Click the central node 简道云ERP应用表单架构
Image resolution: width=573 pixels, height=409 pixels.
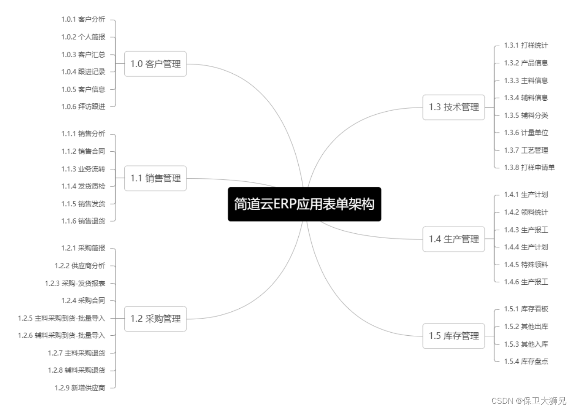pyautogui.click(x=304, y=204)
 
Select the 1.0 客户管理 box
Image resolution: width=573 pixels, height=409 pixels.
pyautogui.click(x=155, y=64)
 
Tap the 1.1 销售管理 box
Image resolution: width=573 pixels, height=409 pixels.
pyautogui.click(x=155, y=178)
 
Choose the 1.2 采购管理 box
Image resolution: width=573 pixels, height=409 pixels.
pyautogui.click(x=155, y=319)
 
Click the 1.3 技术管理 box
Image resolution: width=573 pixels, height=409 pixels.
pyautogui.click(x=454, y=107)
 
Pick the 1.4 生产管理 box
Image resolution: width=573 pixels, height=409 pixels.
pyautogui.click(x=454, y=239)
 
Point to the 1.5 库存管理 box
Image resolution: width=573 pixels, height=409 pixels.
pyautogui.click(x=454, y=336)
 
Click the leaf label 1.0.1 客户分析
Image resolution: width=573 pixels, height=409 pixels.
pyautogui.click(x=83, y=19)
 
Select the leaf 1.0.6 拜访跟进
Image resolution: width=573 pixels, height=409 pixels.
pyautogui.click(x=83, y=106)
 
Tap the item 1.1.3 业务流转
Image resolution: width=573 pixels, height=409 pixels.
pyautogui.click(x=83, y=169)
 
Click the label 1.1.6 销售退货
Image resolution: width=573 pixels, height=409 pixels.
pyautogui.click(x=83, y=221)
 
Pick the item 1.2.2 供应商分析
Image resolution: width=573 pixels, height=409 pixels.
pyautogui.click(x=80, y=266)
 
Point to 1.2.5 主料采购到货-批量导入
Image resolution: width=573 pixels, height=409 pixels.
pyautogui.click(x=61, y=318)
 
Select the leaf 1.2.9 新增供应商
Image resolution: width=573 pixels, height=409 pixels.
pyautogui.click(x=80, y=388)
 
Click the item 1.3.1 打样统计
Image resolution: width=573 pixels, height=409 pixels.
pyautogui.click(x=526, y=45)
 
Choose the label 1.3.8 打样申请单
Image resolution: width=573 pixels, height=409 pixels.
pyautogui.click(x=529, y=167)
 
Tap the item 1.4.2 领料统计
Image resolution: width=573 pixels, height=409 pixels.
pyautogui.click(x=526, y=212)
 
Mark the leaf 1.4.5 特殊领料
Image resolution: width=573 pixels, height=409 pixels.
pyautogui.click(x=526, y=265)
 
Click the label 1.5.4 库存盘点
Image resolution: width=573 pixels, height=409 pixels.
pyautogui.click(x=526, y=361)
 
